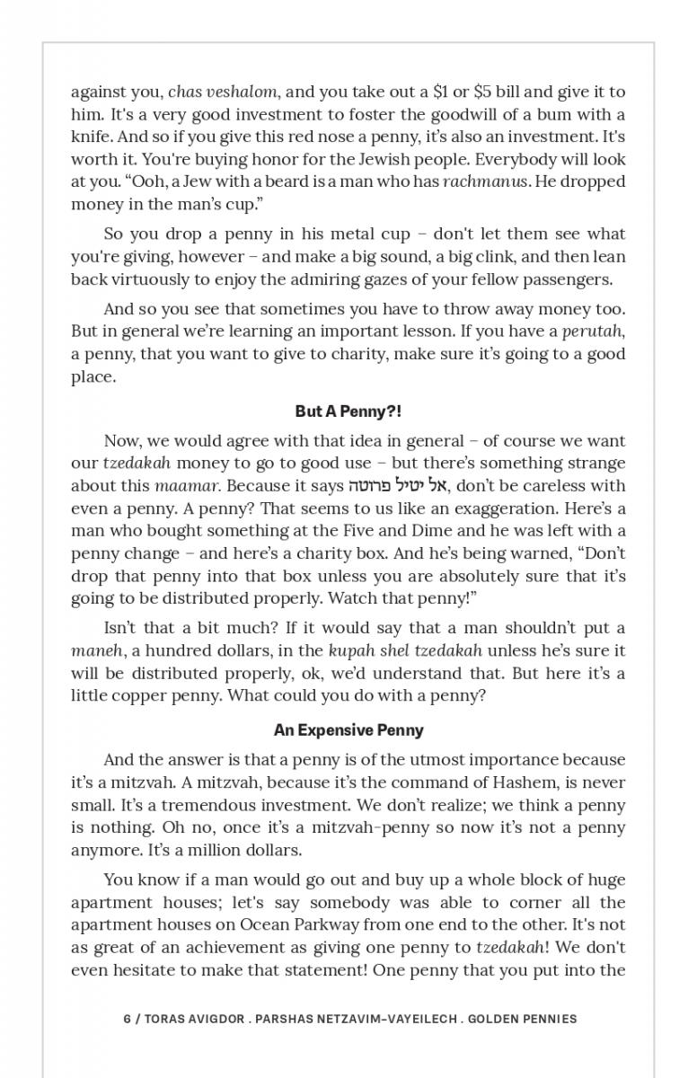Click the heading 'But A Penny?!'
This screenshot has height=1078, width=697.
pos(348,411)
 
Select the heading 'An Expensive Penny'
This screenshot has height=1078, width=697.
pos(348,730)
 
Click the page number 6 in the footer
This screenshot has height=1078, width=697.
pos(127,1019)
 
